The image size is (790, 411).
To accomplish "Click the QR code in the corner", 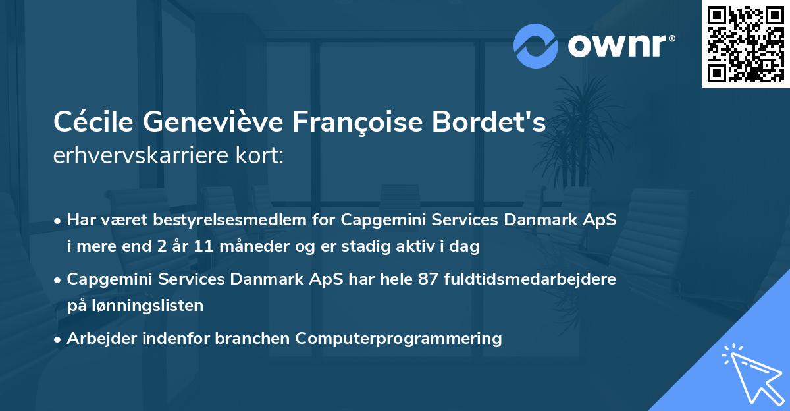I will pyautogui.click(x=745, y=44).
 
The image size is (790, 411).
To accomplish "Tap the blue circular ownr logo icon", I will pyautogui.click(x=536, y=45).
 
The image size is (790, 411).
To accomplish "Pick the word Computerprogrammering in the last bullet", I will pyautogui.click(x=398, y=339).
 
